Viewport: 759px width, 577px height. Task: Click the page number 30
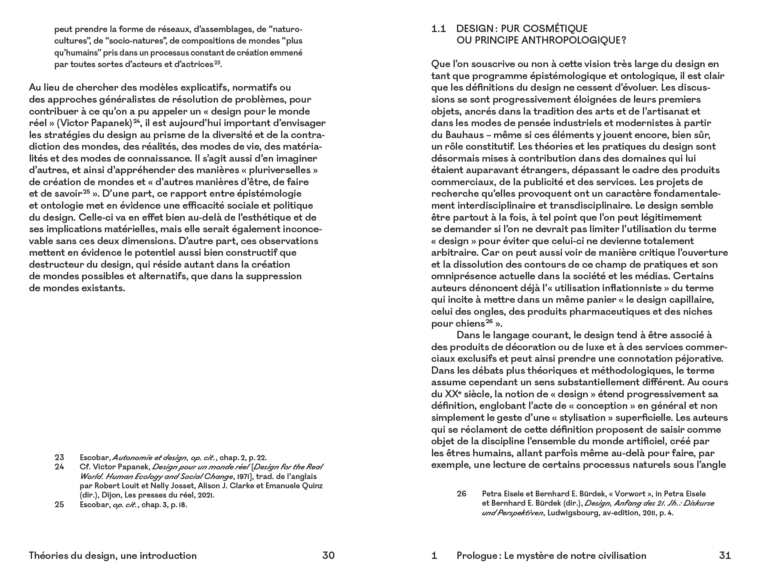[x=328, y=555]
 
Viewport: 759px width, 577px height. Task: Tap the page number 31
[x=725, y=555]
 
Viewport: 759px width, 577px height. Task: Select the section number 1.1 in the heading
[x=439, y=29]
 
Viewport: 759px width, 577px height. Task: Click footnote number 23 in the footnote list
[x=59, y=458]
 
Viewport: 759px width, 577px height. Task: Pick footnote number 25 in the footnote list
[x=59, y=504]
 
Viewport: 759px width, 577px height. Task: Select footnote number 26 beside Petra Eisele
[x=461, y=494]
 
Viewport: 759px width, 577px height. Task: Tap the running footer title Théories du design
[x=73, y=555]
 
